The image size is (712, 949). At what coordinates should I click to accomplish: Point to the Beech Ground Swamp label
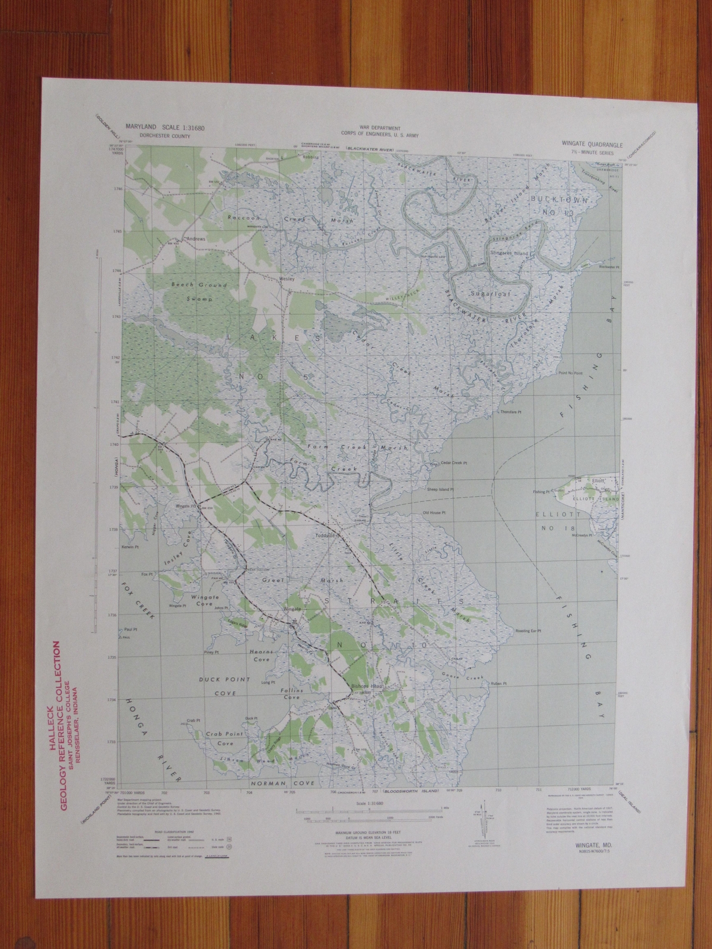[x=190, y=285]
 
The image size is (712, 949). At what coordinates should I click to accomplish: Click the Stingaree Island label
[x=525, y=253]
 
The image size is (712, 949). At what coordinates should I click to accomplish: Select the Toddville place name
[x=326, y=534]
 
